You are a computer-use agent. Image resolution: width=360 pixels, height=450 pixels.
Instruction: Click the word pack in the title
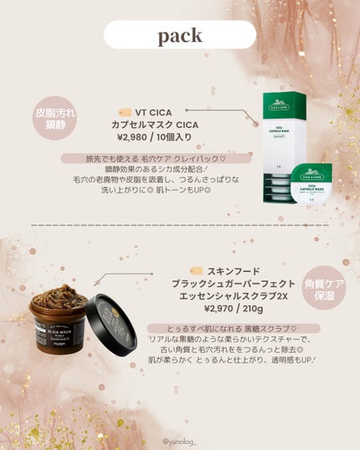pos(179,35)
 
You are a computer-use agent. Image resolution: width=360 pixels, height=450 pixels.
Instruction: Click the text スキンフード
pos(234,271)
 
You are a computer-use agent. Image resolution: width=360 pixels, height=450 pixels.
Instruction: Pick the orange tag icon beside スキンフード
pos(197,271)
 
